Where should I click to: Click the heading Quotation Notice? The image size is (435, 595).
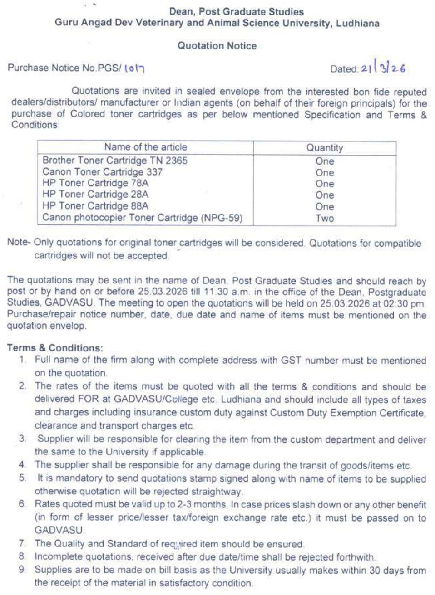[x=217, y=46]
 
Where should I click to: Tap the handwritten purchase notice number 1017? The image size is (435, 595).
[x=134, y=68]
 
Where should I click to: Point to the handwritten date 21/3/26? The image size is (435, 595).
[x=383, y=68]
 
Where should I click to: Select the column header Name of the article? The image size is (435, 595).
[x=145, y=147]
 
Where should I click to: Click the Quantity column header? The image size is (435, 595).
[x=325, y=148]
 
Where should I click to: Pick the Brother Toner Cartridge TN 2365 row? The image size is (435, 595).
[x=115, y=161]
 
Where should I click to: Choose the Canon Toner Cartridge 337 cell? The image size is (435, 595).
[x=102, y=172]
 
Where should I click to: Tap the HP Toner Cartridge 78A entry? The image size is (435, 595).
[x=95, y=183]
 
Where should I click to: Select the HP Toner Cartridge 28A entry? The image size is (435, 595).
[x=95, y=195]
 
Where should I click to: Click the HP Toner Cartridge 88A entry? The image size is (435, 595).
[x=95, y=206]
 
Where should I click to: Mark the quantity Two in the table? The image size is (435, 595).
[x=325, y=218]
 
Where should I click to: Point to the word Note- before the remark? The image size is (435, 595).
[x=19, y=242]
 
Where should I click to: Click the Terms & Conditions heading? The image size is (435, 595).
[x=55, y=348]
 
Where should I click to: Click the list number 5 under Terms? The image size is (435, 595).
[x=22, y=478]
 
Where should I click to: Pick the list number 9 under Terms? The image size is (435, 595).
[x=22, y=570]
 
